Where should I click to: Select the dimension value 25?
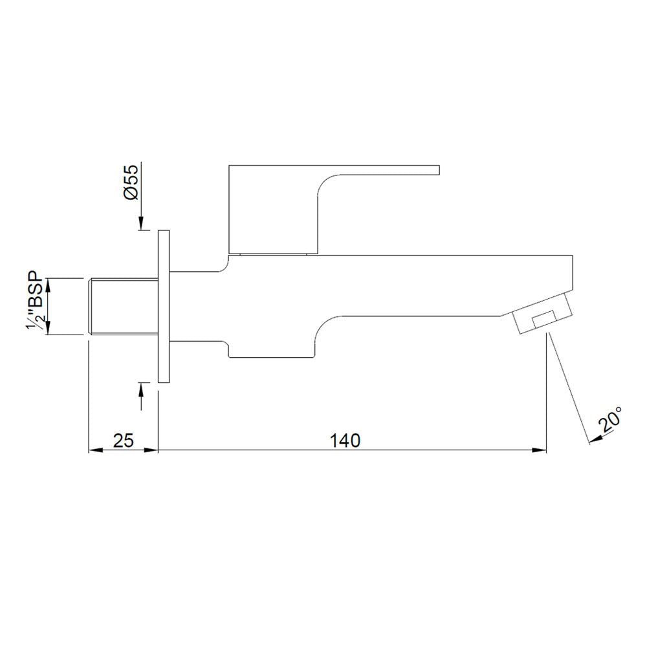(123, 441)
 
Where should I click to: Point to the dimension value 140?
(345, 441)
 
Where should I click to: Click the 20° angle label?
(611, 421)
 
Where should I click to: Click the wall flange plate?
(163, 306)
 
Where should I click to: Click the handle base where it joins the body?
(275, 252)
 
